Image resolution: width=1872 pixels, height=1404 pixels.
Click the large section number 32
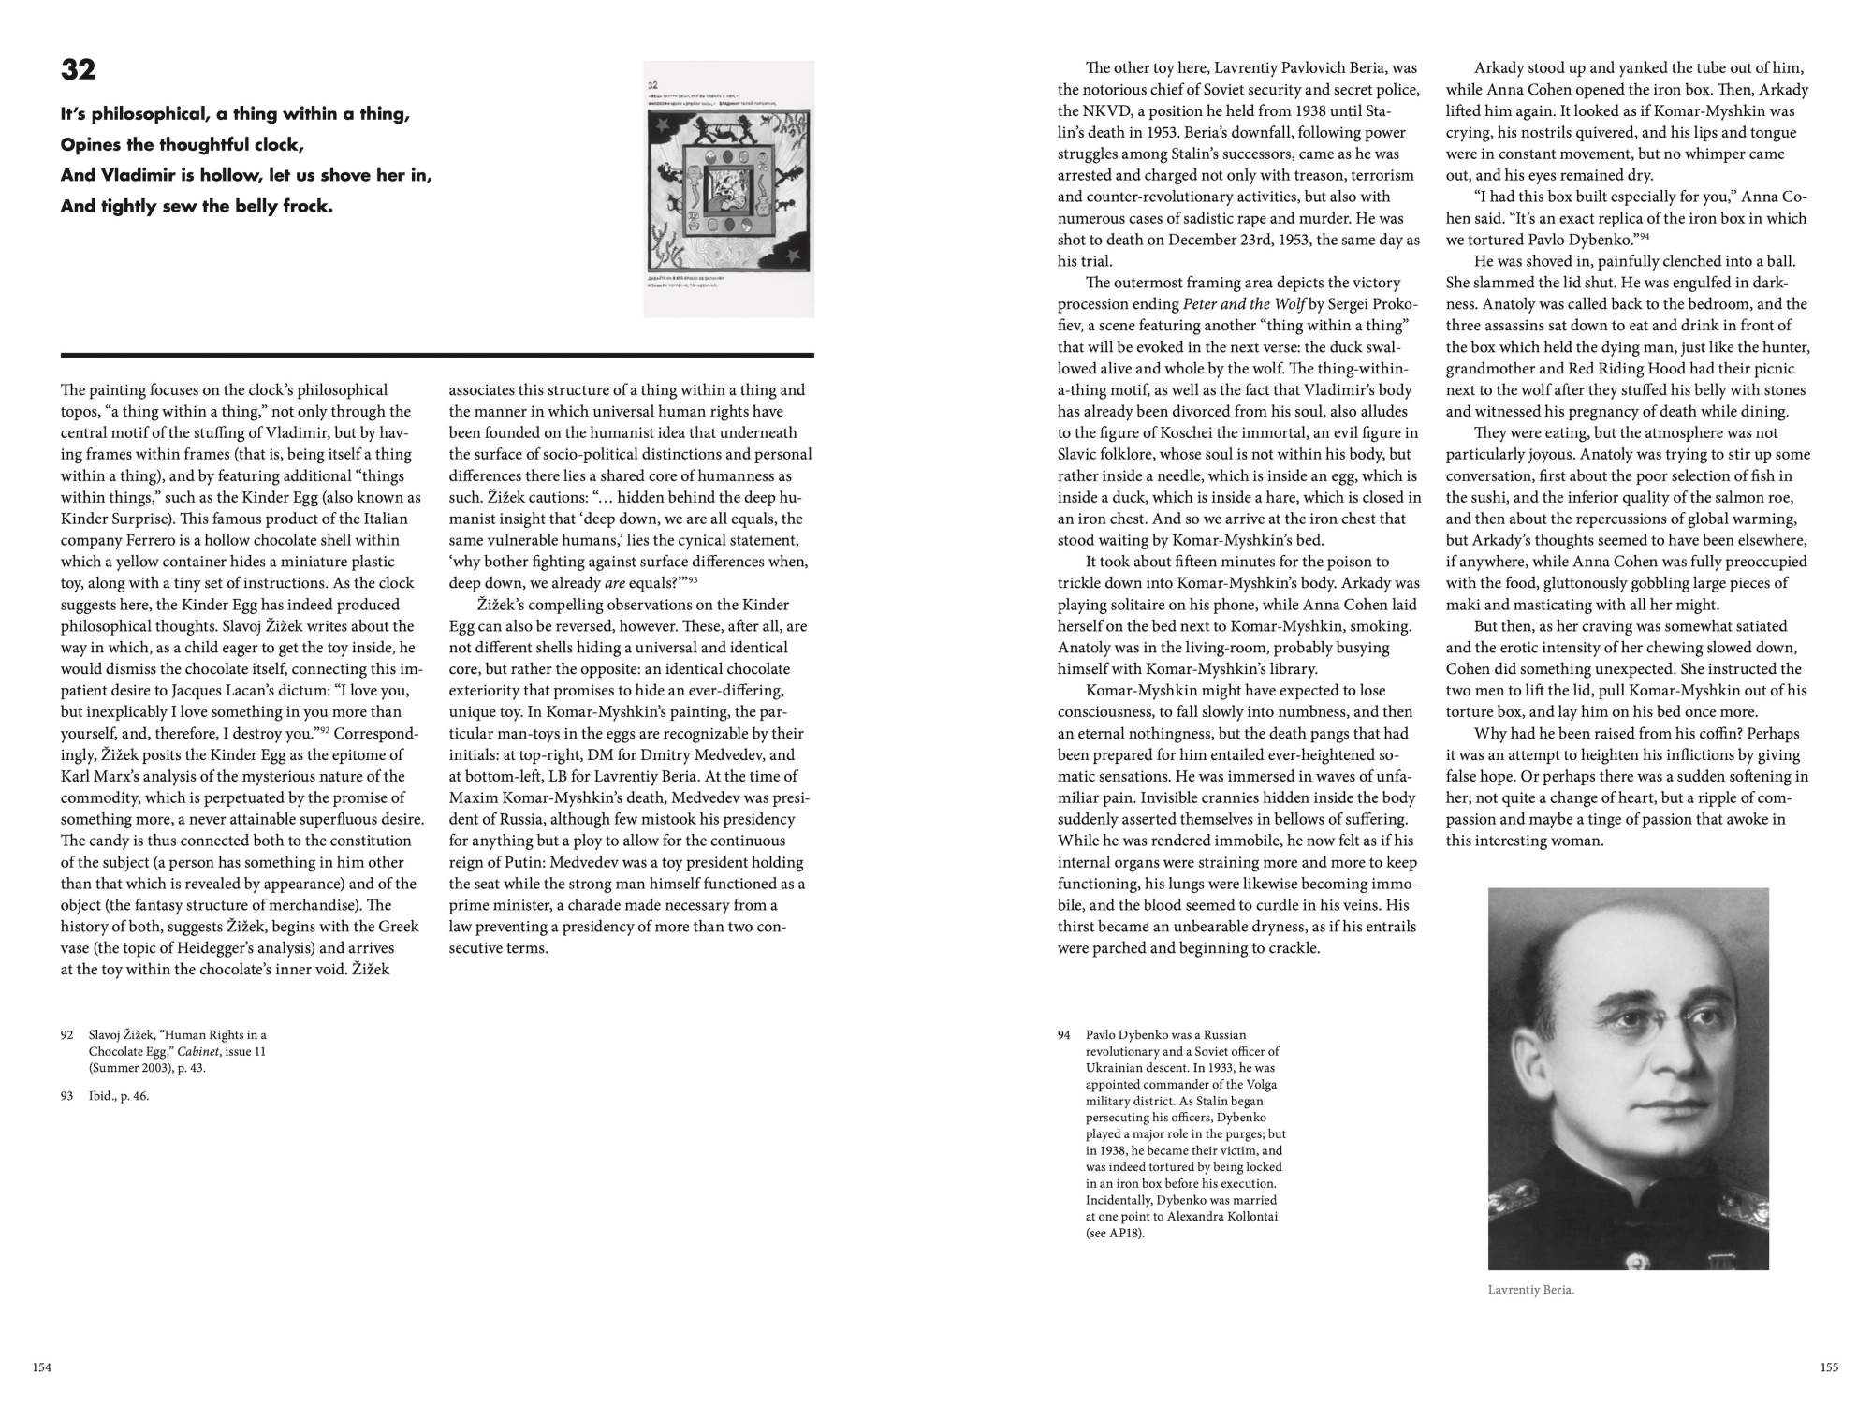tap(78, 70)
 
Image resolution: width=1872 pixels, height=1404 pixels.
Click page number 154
tap(42, 1367)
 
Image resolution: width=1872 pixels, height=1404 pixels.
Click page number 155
tap(1829, 1367)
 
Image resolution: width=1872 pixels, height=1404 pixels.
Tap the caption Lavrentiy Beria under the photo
tap(1531, 1290)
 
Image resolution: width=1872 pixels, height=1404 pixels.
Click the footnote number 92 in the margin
tap(66, 1035)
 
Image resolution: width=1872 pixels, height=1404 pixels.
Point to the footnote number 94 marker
tap(1063, 1035)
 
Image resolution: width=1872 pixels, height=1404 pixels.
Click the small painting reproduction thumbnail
tap(729, 189)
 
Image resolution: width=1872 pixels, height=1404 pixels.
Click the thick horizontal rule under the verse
tap(437, 356)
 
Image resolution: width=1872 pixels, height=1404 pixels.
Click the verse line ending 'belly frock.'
tap(197, 206)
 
